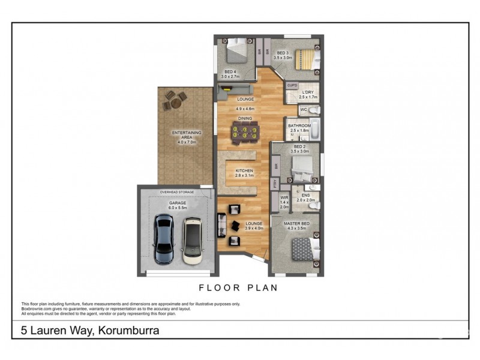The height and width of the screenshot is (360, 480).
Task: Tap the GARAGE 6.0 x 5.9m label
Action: tap(178, 206)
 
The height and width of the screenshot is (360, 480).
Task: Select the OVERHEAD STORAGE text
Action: tap(177, 192)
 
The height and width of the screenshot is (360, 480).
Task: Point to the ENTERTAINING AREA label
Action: tap(187, 137)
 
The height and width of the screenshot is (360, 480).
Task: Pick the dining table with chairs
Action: tap(245, 133)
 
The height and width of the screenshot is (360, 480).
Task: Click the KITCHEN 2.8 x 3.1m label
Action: tap(244, 174)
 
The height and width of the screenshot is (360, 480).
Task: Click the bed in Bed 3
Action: tap(306, 60)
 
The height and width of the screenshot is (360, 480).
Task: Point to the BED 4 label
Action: tap(230, 74)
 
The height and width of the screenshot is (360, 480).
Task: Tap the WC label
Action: tap(303, 110)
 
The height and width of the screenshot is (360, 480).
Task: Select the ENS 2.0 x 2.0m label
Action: tap(305, 199)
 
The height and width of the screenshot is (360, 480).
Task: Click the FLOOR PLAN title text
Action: tap(239, 287)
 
